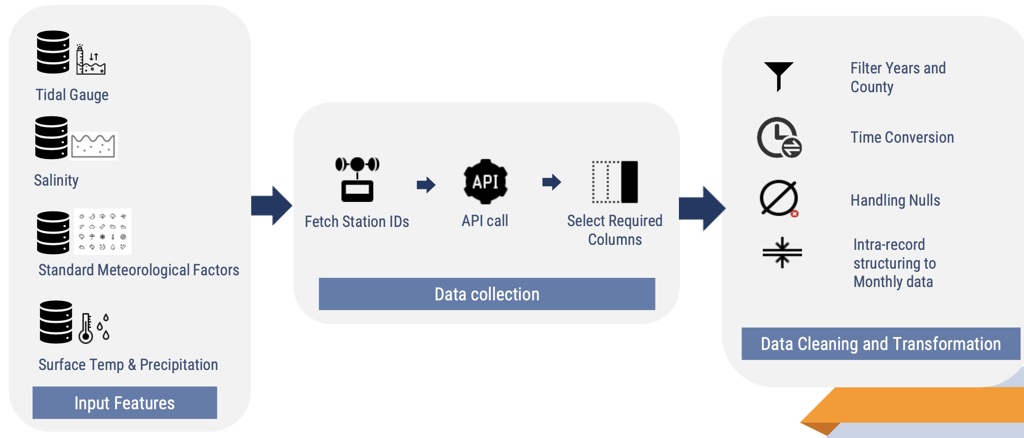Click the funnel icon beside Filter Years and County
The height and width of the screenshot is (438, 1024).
point(778,76)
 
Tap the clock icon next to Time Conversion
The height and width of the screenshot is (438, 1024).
point(779,138)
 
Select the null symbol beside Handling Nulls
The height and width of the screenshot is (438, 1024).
point(779,199)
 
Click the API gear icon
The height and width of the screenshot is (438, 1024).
point(485,182)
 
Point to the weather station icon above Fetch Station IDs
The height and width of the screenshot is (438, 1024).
point(357,179)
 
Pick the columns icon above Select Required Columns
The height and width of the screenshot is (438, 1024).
point(615,182)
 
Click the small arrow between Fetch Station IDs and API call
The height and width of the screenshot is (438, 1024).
point(426,184)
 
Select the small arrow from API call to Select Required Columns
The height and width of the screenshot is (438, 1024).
point(552,182)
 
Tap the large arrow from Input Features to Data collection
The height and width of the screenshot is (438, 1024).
point(272,206)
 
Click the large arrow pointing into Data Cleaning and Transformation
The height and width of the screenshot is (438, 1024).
point(702,208)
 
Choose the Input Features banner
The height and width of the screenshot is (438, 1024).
point(125,403)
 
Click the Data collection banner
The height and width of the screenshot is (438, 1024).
point(487,294)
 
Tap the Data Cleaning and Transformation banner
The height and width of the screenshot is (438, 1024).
point(880,344)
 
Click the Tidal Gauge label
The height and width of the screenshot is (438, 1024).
point(72,95)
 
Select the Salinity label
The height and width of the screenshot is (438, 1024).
point(56,180)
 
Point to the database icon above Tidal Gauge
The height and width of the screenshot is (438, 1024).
point(53,52)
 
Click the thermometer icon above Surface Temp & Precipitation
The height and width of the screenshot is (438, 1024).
point(86,328)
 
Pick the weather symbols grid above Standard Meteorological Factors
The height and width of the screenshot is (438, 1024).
point(103,232)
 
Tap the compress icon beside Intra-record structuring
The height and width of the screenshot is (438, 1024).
point(782,252)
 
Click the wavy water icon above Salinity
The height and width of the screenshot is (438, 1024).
point(93,146)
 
